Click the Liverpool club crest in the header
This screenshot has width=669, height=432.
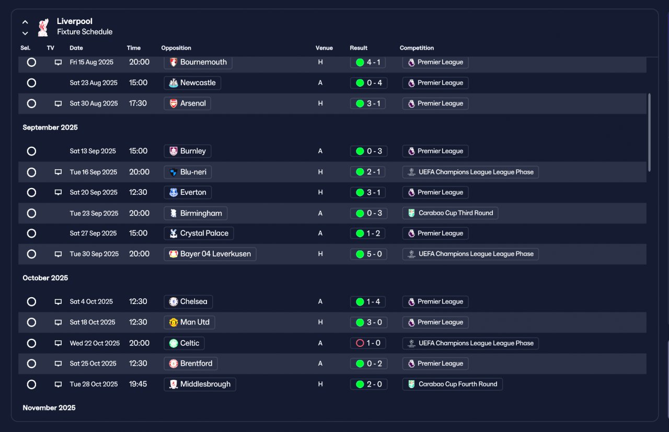[x=43, y=28]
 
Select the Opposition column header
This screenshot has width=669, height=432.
[x=176, y=48]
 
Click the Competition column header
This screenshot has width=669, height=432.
[x=417, y=48]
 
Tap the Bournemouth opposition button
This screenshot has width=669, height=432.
[x=198, y=62]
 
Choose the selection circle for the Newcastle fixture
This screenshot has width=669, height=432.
[x=31, y=83]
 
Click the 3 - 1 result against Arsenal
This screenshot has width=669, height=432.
[x=367, y=103]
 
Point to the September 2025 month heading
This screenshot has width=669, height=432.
[x=50, y=127]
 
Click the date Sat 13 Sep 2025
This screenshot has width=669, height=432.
[x=93, y=151]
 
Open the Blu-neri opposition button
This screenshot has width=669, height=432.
[x=188, y=172]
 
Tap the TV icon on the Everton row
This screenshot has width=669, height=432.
[x=58, y=192]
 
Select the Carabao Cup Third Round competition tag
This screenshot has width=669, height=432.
[x=450, y=213]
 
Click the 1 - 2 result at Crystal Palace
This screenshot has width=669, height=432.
[x=367, y=233]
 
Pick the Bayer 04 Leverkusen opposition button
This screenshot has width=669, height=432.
[x=210, y=254]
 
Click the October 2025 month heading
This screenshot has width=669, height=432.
[x=45, y=278]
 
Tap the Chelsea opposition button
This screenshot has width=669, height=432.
[x=188, y=301]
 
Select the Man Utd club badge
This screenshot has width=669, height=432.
[x=173, y=322]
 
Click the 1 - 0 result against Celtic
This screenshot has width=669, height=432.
[x=367, y=343]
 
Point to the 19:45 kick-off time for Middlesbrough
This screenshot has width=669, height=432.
[x=137, y=384]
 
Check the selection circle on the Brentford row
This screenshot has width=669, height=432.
[x=31, y=364]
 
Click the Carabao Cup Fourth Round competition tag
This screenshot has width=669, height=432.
[x=453, y=384]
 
